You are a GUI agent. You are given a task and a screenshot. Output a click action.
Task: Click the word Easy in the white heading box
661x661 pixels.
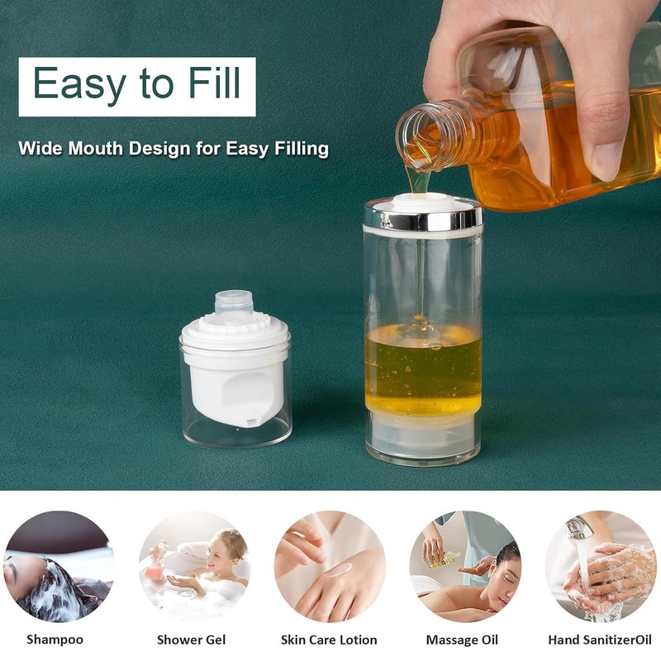79,85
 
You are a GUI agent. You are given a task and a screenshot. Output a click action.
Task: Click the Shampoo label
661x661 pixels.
55,640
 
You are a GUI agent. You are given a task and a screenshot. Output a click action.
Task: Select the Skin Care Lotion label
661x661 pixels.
329,640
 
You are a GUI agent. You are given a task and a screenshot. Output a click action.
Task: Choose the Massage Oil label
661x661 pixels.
462,640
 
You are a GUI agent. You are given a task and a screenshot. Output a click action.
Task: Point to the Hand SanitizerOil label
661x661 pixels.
599,640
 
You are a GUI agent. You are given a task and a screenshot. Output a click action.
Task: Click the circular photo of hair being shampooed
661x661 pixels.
58,566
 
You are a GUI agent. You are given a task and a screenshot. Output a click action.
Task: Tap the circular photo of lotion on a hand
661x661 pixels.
330,566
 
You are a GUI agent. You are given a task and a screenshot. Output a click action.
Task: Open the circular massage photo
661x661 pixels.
464,566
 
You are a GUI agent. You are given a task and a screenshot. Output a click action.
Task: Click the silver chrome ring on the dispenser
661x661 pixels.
422,218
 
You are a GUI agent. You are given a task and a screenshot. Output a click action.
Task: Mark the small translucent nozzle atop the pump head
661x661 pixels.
233,301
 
